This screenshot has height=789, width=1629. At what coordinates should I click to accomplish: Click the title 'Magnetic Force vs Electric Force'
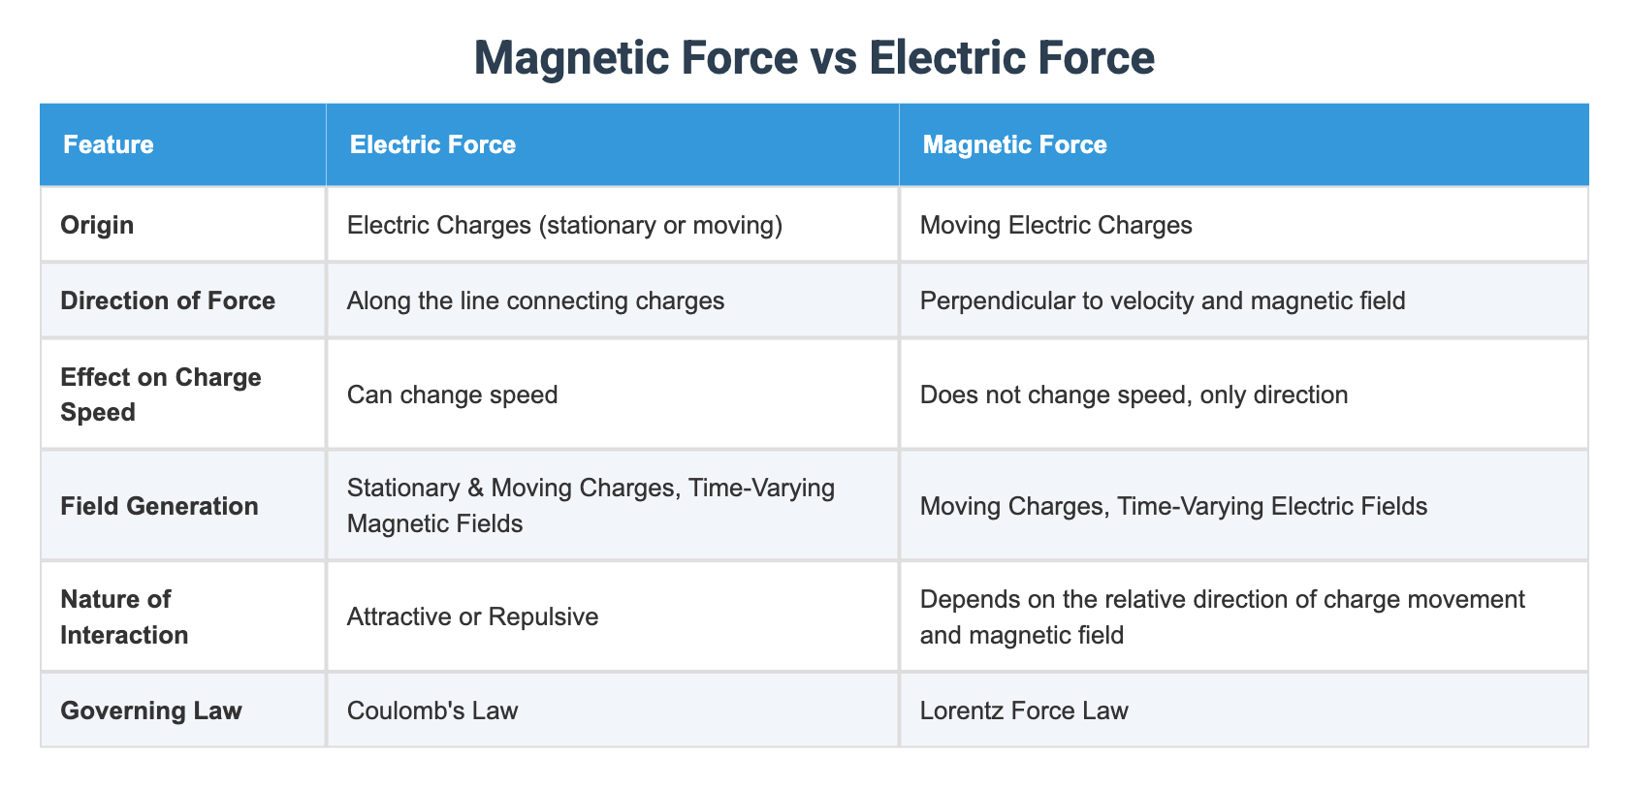[814, 57]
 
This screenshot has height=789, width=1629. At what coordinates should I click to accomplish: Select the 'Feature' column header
[109, 144]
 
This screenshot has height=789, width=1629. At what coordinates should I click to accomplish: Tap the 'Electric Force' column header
[432, 144]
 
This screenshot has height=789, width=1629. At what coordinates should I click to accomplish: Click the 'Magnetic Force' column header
[1014, 144]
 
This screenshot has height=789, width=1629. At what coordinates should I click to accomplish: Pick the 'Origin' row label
[97, 226]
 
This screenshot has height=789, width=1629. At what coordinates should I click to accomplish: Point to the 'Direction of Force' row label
[167, 301]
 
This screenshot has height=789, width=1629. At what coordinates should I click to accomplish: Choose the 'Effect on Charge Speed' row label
[161, 394]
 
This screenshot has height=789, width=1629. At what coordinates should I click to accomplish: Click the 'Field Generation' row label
[159, 506]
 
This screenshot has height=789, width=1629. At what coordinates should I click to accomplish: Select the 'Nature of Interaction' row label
[124, 616]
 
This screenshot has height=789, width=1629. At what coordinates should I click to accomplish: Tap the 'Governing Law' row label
[151, 710]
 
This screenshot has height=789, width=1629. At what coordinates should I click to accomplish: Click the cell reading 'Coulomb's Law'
[432, 710]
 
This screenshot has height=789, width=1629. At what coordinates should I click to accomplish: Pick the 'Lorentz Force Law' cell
[1024, 710]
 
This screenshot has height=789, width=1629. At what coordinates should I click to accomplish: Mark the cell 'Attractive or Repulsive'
[473, 616]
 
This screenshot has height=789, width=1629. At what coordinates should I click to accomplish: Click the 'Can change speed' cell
[452, 394]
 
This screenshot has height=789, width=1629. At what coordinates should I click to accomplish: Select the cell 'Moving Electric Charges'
[1056, 226]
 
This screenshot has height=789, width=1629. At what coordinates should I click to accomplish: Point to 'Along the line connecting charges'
[536, 301]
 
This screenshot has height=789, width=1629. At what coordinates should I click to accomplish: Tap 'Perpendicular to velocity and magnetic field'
[1163, 301]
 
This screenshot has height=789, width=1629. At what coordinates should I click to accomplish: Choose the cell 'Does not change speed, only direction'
[1134, 394]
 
